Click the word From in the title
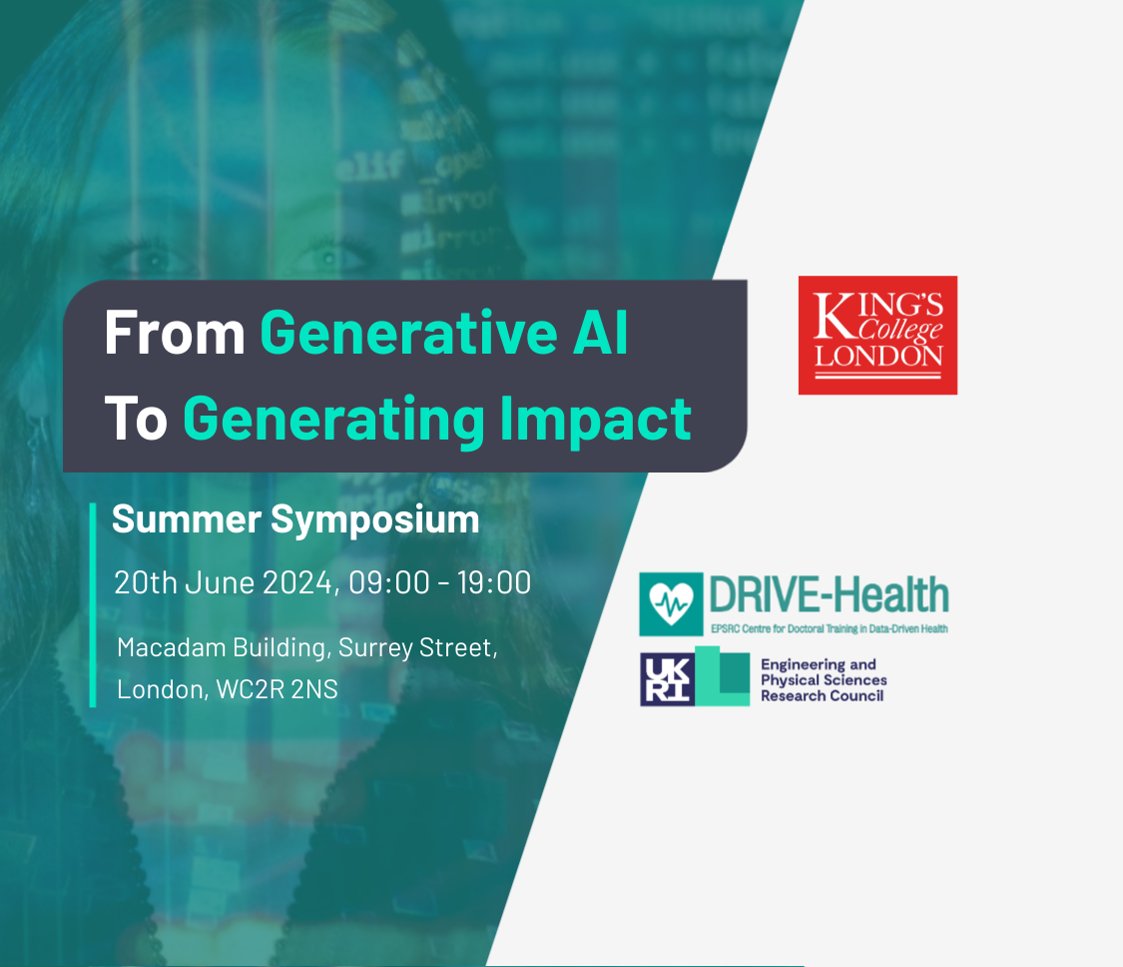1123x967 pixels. click(175, 335)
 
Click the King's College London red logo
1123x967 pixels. click(877, 335)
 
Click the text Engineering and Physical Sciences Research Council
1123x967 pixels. click(824, 679)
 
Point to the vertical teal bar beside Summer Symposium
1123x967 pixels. click(93, 604)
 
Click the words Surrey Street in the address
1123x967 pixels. click(416, 647)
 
